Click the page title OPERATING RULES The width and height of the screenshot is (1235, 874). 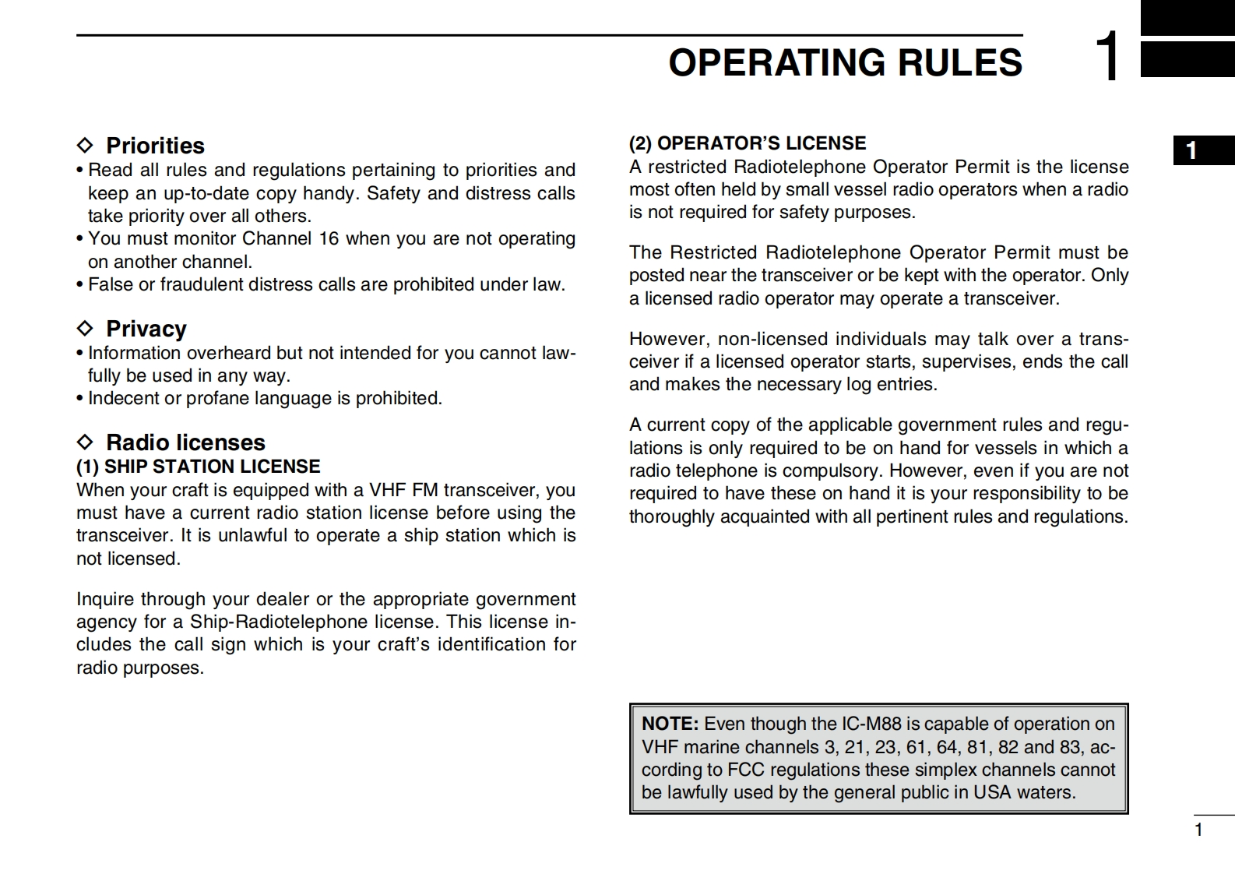tap(845, 63)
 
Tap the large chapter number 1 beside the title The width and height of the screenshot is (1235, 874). tap(1107, 56)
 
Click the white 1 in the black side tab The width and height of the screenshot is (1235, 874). tap(1191, 150)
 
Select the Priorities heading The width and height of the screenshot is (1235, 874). tap(155, 146)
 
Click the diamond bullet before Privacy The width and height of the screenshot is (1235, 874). tap(85, 329)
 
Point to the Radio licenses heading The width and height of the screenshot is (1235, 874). tap(185, 442)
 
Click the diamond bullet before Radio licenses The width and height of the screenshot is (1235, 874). tap(85, 442)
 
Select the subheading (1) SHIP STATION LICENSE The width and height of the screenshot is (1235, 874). tap(198, 467)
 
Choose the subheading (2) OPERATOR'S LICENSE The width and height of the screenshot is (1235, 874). tap(748, 143)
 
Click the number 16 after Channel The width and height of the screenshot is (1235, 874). tap(329, 238)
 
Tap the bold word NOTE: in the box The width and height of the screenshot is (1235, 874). tap(670, 724)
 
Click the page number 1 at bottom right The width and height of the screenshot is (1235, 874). tap(1199, 830)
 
